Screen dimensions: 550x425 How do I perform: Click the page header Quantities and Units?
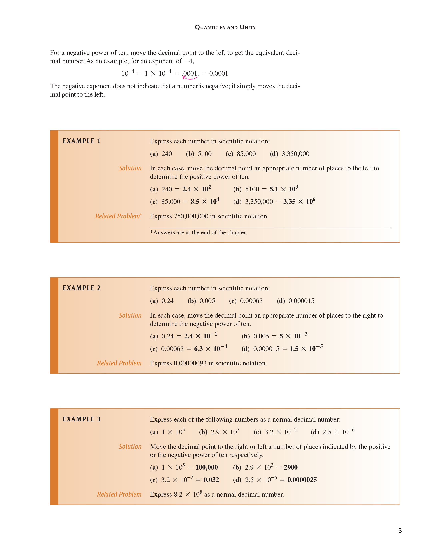[225, 27]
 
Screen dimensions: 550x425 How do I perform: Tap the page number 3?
[400, 531]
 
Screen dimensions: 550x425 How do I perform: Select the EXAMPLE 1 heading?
[81, 141]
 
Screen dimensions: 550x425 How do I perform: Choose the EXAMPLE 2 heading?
[81, 288]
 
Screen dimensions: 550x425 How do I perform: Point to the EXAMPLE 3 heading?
[81, 419]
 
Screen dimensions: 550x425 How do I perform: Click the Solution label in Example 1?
[130, 168]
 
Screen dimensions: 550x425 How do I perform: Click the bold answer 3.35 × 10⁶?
[299, 201]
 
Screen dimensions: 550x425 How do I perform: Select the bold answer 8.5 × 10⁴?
[205, 201]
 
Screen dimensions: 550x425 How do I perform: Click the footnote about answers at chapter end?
[198, 232]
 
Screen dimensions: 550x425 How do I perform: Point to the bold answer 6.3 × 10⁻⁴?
[210, 349]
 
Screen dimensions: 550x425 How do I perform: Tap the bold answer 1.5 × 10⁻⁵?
[306, 349]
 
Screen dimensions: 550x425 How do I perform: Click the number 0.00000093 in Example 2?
[190, 363]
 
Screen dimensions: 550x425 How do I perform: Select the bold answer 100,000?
[206, 467]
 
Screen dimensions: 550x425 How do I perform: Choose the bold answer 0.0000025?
[302, 480]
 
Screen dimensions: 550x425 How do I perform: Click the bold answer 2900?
[291, 467]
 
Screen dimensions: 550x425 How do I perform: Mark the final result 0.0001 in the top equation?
[219, 74]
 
